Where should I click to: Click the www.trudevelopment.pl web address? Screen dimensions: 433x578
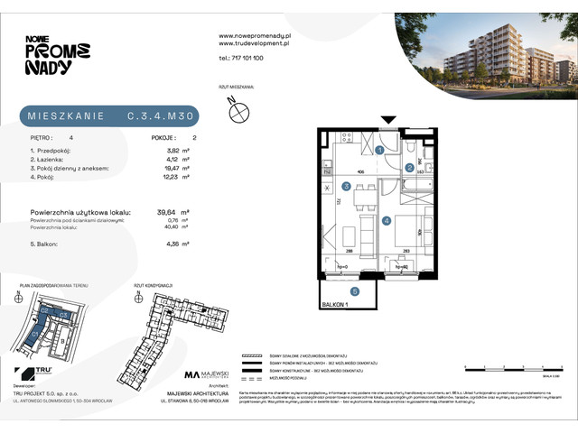coord(254,42)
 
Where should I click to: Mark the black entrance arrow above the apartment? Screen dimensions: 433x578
coord(388,120)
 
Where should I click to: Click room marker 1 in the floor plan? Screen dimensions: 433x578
coord(381,150)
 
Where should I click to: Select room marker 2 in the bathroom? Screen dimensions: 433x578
coord(409,168)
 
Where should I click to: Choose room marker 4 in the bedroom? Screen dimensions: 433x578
coord(386,220)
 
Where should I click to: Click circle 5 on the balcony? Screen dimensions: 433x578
coord(355,290)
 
